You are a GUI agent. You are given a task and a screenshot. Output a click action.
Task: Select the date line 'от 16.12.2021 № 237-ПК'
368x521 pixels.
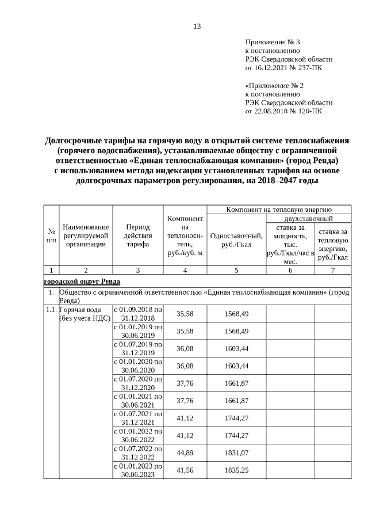click(284, 68)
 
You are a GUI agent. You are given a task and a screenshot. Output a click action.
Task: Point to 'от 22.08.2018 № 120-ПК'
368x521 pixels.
click(284, 111)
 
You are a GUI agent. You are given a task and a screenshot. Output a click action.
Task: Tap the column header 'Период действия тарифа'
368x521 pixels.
click(138, 235)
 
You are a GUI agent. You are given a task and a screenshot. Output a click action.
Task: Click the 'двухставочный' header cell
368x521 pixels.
click(309, 219)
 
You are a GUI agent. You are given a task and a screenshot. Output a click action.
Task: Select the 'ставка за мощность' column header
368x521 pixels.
click(290, 244)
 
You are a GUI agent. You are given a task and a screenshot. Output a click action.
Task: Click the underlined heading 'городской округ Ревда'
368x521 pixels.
click(82, 282)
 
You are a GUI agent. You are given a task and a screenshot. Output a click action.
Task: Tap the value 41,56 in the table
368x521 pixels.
click(185, 470)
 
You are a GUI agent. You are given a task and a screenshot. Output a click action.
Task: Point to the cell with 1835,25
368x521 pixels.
click(236, 470)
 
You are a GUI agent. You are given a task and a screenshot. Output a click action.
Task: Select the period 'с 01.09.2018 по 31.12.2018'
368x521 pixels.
click(138, 314)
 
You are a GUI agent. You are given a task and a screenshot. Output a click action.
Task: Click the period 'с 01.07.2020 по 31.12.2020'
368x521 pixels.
click(138, 383)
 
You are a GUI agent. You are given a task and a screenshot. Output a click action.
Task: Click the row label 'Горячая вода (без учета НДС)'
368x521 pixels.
click(85, 314)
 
